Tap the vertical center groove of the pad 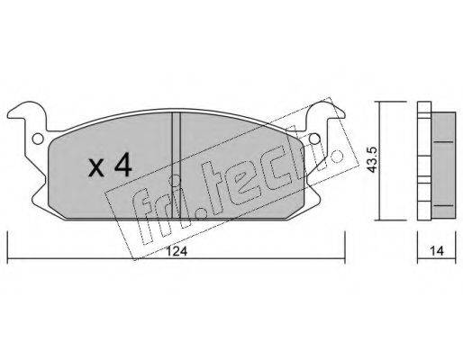coord(177,157)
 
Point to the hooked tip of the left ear coord(14,115)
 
